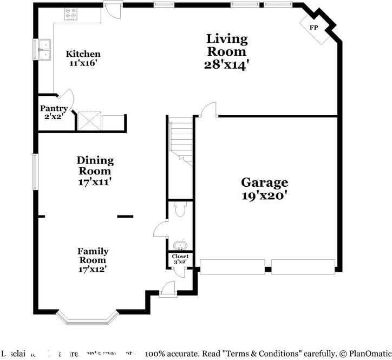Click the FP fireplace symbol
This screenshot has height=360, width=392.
pyautogui.click(x=313, y=28)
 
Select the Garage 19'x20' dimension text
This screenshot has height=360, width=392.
pyautogui.click(x=264, y=195)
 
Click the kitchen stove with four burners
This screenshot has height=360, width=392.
pyautogui.click(x=71, y=14)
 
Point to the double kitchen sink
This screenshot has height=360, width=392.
pyautogui.click(x=43, y=49)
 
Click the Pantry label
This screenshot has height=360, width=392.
pyautogui.click(x=54, y=108)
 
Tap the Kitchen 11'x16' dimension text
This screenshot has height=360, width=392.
pyautogui.click(x=83, y=63)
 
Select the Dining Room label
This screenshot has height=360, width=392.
pyautogui.click(x=95, y=166)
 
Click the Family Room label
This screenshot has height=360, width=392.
pyautogui.click(x=93, y=256)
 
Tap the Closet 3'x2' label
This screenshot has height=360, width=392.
pyautogui.click(x=180, y=259)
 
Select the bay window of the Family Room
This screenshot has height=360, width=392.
pyautogui.click(x=87, y=317)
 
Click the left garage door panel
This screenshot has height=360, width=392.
pyautogui.click(x=232, y=266)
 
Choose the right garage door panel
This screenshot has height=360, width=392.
pyautogui.click(x=303, y=266)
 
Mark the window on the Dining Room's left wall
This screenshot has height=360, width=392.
pyautogui.click(x=35, y=172)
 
